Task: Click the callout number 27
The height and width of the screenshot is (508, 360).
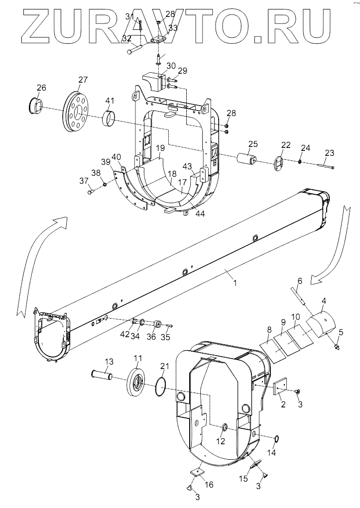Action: tap(83, 80)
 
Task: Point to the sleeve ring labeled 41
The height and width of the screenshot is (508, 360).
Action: tap(109, 119)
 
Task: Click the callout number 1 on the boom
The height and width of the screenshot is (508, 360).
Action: tap(235, 283)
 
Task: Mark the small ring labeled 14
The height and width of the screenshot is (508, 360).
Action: tap(277, 439)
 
